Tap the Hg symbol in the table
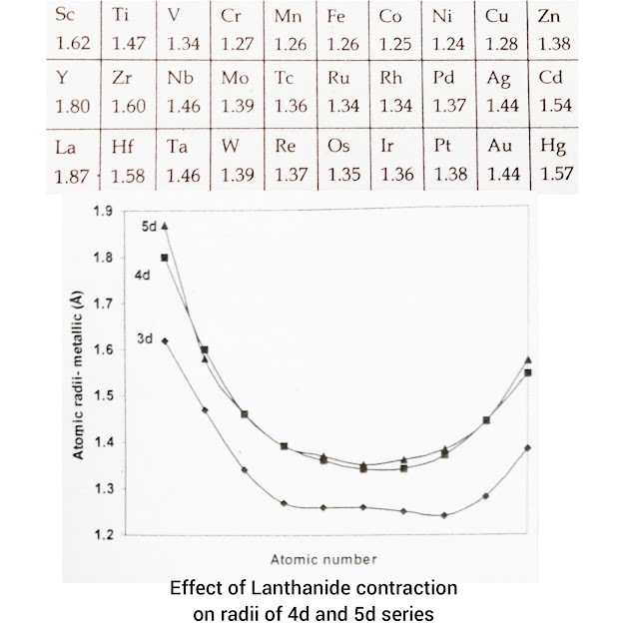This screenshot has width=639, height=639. coord(553,147)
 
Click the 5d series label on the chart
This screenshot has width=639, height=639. coord(148,227)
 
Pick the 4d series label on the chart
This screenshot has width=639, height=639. coord(142,272)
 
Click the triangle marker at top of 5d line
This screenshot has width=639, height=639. coord(165,226)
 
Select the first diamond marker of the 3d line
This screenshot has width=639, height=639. coord(165,340)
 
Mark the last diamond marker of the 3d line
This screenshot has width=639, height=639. coord(527,448)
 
